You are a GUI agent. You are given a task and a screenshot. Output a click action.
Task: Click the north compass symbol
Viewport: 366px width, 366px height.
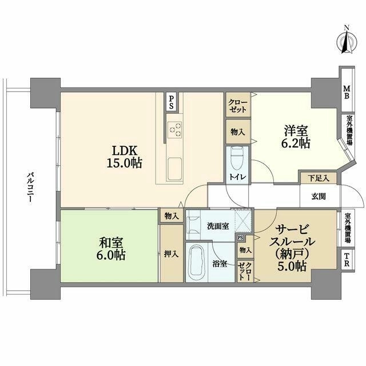[x=347, y=42]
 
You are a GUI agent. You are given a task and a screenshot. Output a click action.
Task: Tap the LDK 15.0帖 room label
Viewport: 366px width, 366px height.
[x=125, y=157]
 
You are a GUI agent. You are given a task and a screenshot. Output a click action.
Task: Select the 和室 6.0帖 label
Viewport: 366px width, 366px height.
[x=111, y=249]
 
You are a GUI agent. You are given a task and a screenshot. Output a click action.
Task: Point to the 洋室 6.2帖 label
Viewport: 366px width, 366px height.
[x=296, y=137]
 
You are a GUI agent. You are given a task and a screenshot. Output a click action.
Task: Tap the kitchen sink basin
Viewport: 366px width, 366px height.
[x=174, y=169]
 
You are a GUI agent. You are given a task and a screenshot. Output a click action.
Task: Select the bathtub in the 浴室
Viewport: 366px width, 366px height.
[x=197, y=262]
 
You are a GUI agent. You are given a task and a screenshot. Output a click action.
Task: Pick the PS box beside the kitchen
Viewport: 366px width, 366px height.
[x=172, y=102]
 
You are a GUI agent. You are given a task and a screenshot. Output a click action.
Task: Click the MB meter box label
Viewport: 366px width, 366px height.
[x=347, y=92]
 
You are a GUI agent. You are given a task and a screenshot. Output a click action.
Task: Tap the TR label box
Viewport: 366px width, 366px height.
[x=347, y=260]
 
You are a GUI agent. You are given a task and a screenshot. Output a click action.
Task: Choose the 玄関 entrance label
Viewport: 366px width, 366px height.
[x=319, y=196]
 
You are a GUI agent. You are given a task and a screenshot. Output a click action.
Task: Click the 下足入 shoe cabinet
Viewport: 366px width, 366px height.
[x=319, y=178]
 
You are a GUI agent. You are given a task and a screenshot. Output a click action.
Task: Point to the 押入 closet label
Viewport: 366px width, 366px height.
[x=172, y=254]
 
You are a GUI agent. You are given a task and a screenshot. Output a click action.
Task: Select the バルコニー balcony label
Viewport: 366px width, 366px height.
[x=30, y=188]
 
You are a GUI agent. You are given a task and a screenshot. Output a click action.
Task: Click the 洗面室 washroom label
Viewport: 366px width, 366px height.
[x=218, y=226]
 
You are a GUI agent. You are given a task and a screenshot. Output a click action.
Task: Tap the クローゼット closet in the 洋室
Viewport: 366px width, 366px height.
[x=238, y=105]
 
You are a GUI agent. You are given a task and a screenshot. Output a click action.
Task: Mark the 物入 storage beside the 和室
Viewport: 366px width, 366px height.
[x=172, y=216]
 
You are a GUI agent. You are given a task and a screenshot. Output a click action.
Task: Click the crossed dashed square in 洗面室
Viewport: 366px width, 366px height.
[x=243, y=221]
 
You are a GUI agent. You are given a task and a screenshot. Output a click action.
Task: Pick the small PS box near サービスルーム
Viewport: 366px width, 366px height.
[x=240, y=238]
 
